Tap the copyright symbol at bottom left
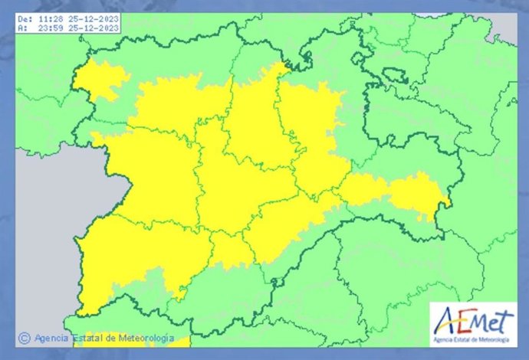(x=24, y=337)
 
